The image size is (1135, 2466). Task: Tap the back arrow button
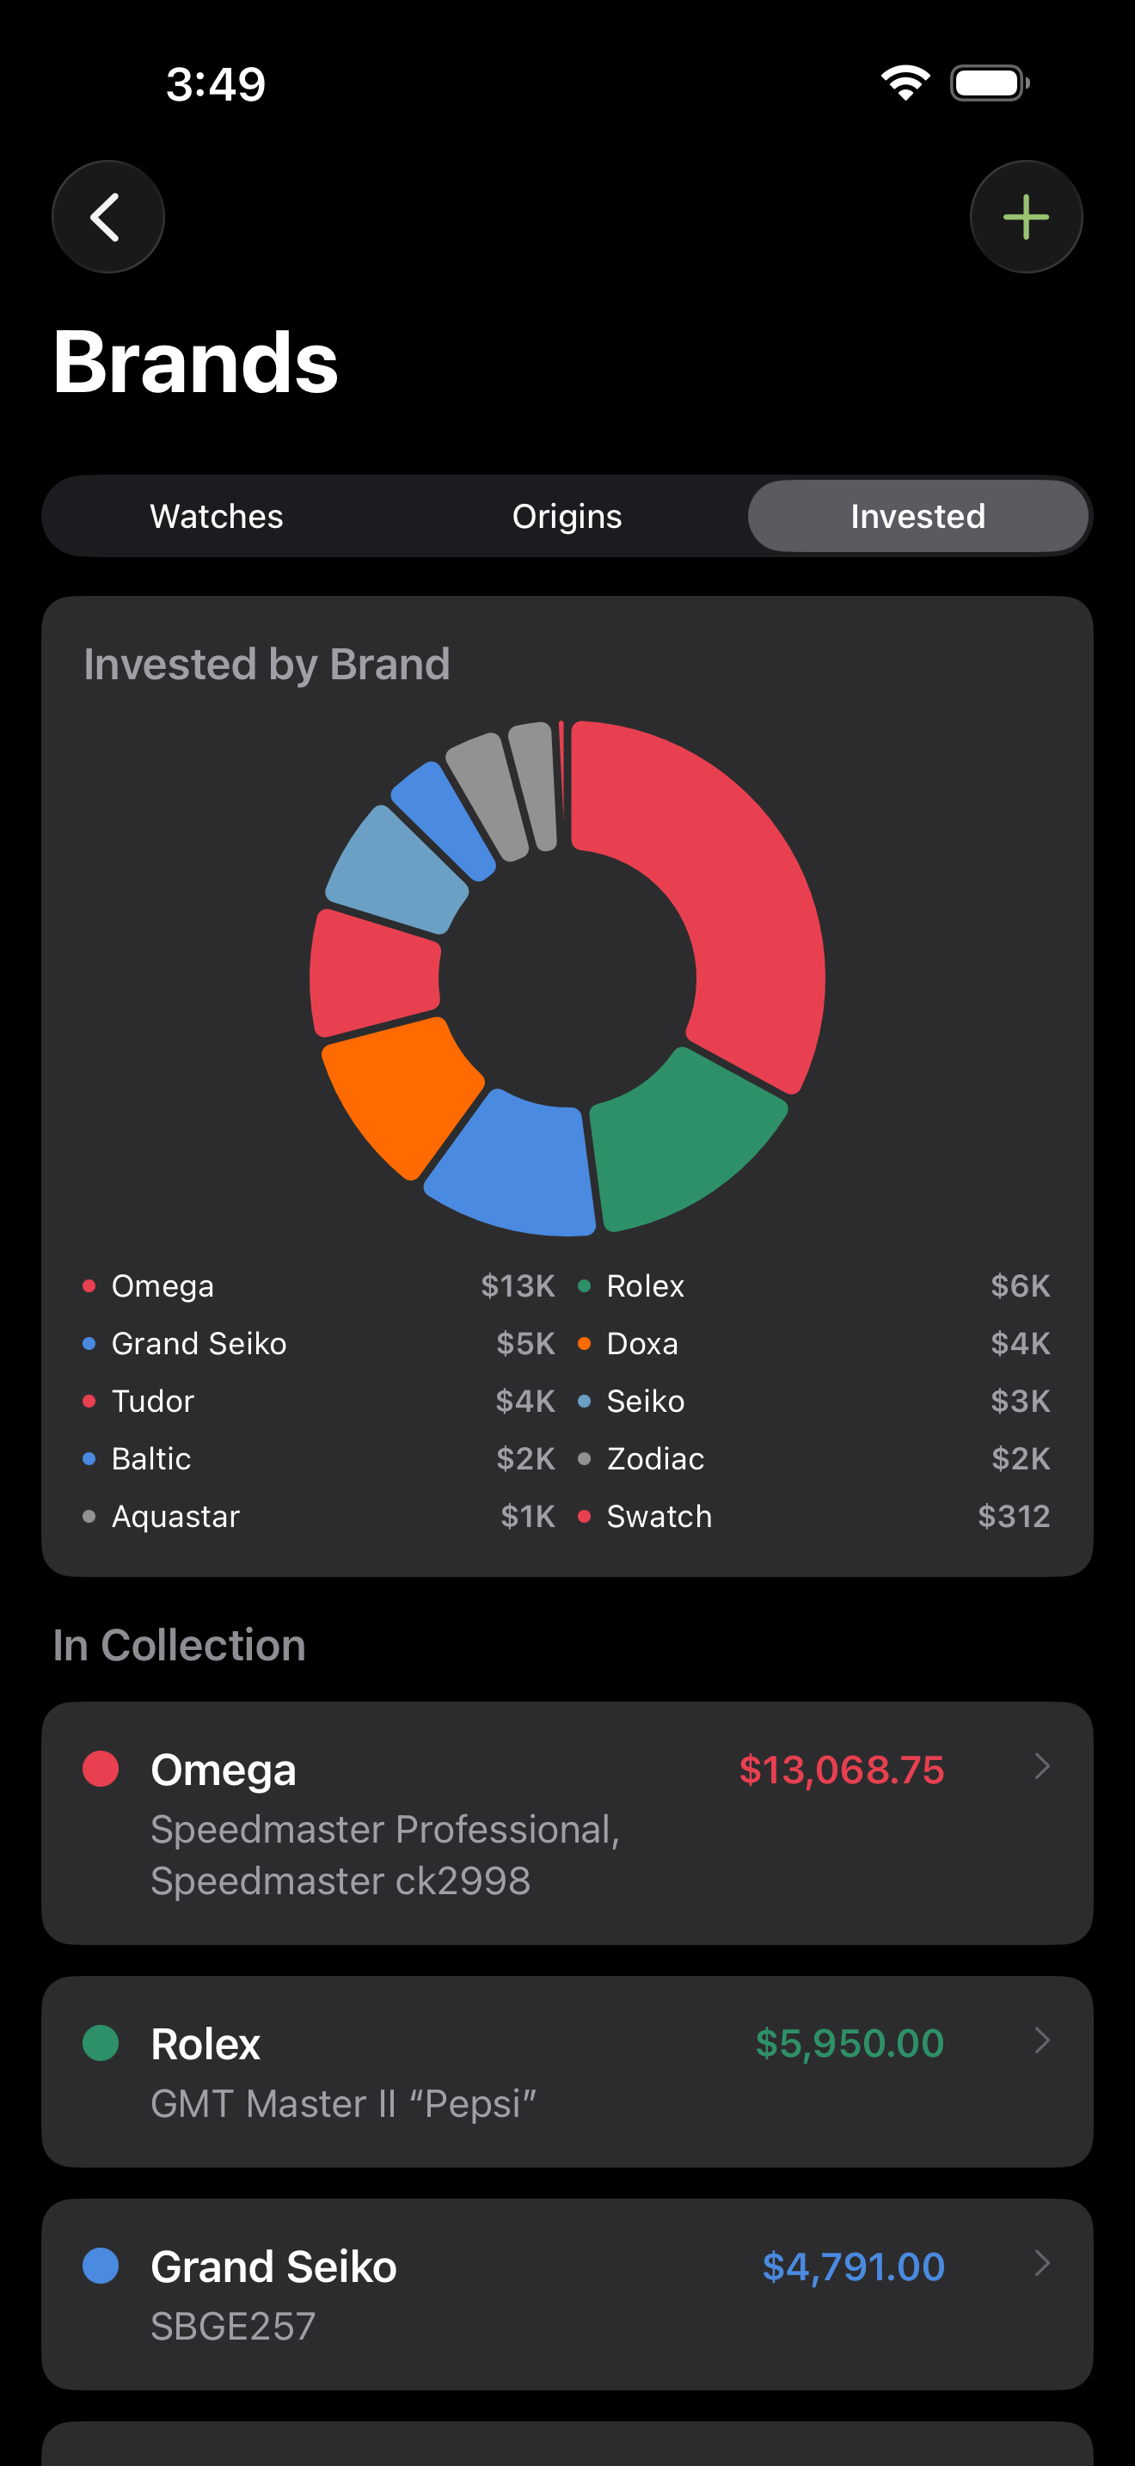(x=107, y=218)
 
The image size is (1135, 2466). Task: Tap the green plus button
(x=1026, y=218)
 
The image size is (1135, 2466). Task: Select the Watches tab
(x=217, y=517)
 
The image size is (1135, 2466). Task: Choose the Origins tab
(x=567, y=517)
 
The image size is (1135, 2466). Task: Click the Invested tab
(x=917, y=517)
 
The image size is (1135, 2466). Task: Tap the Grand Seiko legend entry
(x=198, y=1344)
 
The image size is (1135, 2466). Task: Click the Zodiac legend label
(x=654, y=1459)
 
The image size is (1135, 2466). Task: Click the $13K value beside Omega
(x=517, y=1286)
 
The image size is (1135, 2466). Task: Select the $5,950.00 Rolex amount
(x=849, y=2044)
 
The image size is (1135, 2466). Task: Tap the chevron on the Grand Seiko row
(x=1042, y=2264)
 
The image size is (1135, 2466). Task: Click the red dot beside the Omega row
(x=101, y=1769)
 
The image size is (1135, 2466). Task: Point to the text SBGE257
(x=232, y=2326)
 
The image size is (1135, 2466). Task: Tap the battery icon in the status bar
(x=989, y=83)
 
